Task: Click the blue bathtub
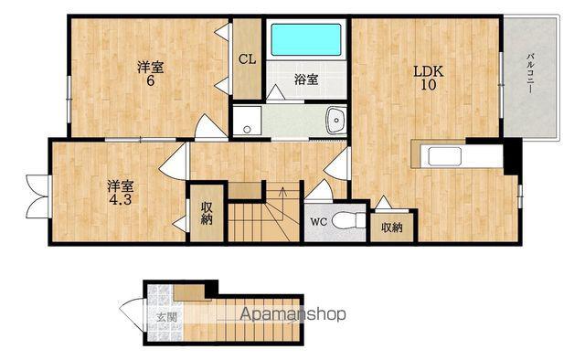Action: coord(306,39)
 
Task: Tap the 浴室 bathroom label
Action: coord(306,79)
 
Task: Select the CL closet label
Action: coord(248,59)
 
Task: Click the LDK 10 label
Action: coord(429,78)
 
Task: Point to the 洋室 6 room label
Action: coord(150,74)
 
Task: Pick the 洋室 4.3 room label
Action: coord(121,193)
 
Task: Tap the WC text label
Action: coord(319,222)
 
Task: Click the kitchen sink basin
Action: coord(444,156)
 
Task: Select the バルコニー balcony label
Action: coord(529,73)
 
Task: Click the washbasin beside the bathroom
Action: coord(336,121)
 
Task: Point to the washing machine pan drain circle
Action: coord(247,130)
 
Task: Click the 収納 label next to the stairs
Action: coord(207,213)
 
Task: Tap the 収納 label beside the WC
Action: coord(392,228)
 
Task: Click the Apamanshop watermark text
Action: coord(292,314)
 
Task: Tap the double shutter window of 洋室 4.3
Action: coord(38,196)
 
